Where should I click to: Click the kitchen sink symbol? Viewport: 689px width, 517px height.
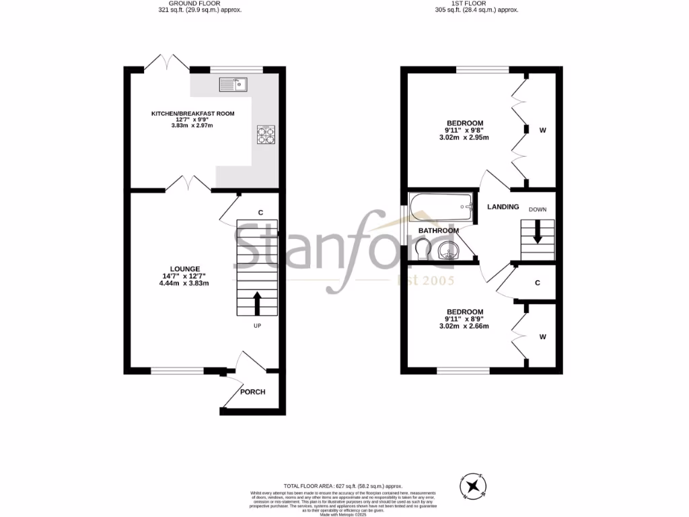click(233, 84)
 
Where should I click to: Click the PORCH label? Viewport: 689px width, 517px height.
click(253, 392)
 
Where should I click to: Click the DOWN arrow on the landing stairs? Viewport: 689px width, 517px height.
click(537, 233)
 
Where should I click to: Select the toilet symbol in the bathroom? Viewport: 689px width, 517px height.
click(423, 250)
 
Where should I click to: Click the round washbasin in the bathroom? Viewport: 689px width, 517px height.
click(449, 252)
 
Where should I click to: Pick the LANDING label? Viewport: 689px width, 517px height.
click(503, 207)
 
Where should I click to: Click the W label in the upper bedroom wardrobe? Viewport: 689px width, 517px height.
click(542, 130)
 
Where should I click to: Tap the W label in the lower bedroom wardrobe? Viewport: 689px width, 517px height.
click(542, 337)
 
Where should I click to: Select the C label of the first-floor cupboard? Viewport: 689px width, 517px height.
click(538, 283)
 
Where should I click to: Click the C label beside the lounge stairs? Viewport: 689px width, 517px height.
click(260, 213)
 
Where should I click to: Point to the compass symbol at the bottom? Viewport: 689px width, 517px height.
click(474, 484)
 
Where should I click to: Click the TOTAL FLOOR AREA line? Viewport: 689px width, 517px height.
click(342, 485)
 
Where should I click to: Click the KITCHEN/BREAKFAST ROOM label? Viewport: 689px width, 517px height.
click(192, 114)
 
